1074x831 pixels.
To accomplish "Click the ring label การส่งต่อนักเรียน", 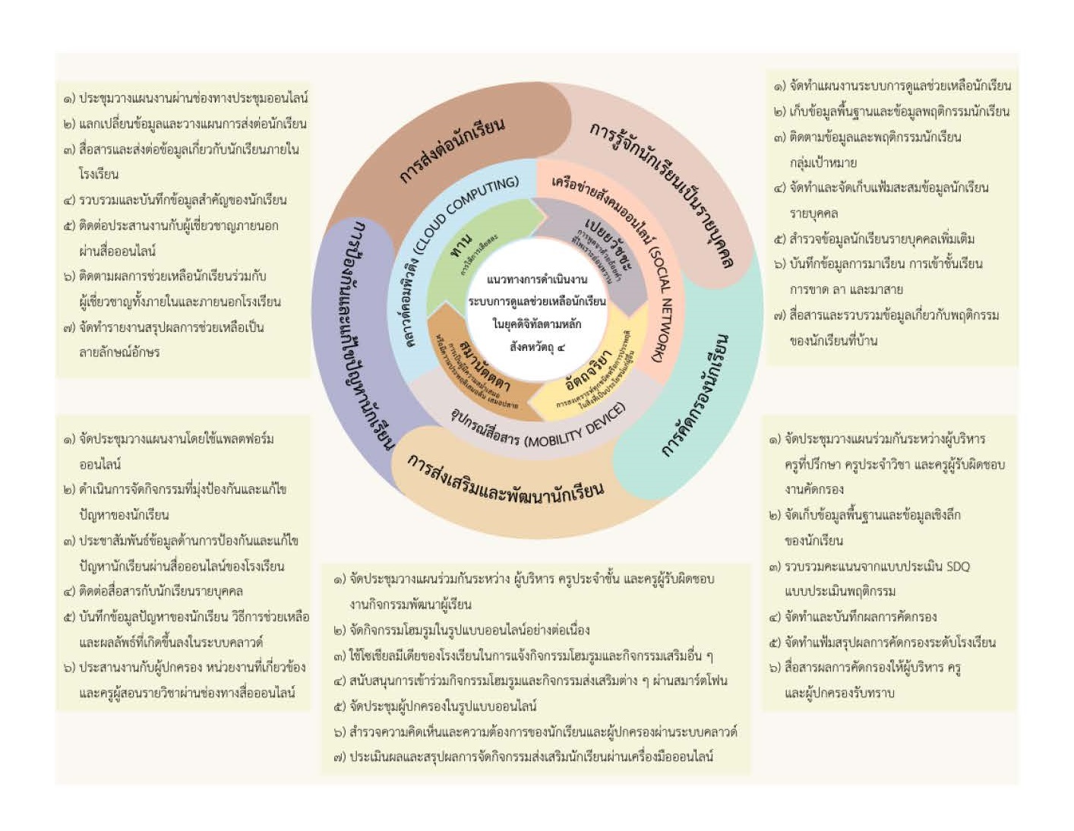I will click(453, 150).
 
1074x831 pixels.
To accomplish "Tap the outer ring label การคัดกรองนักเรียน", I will click(695, 394).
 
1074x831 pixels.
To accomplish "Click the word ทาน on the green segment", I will click(461, 246).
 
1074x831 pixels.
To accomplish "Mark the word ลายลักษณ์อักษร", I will click(119, 352).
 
